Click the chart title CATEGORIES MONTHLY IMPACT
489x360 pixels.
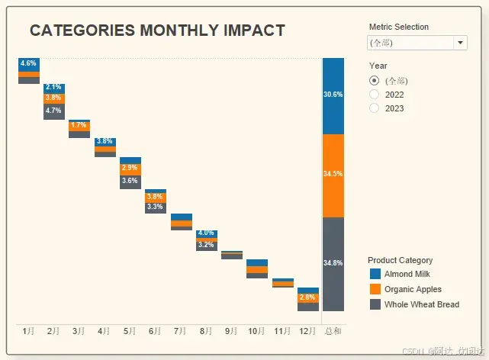pos(157,31)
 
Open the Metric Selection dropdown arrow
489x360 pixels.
pos(460,43)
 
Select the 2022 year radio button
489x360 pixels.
pos(374,95)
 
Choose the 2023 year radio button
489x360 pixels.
pos(374,108)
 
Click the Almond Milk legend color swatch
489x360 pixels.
pos(375,274)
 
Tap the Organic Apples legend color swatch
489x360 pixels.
pos(375,289)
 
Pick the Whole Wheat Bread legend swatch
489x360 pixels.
pos(375,304)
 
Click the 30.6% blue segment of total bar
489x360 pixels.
pos(333,95)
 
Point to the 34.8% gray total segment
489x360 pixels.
pos(333,264)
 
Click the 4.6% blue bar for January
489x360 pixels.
pos(28,64)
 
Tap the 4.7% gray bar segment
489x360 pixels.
pos(53,111)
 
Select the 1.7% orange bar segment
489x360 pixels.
pos(79,126)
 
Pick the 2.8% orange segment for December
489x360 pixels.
pos(307,297)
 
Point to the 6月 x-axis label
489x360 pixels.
pos(155,332)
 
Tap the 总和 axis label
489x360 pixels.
pos(333,332)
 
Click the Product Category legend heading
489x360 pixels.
pos(400,260)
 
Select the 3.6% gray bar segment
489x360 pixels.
pos(130,182)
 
